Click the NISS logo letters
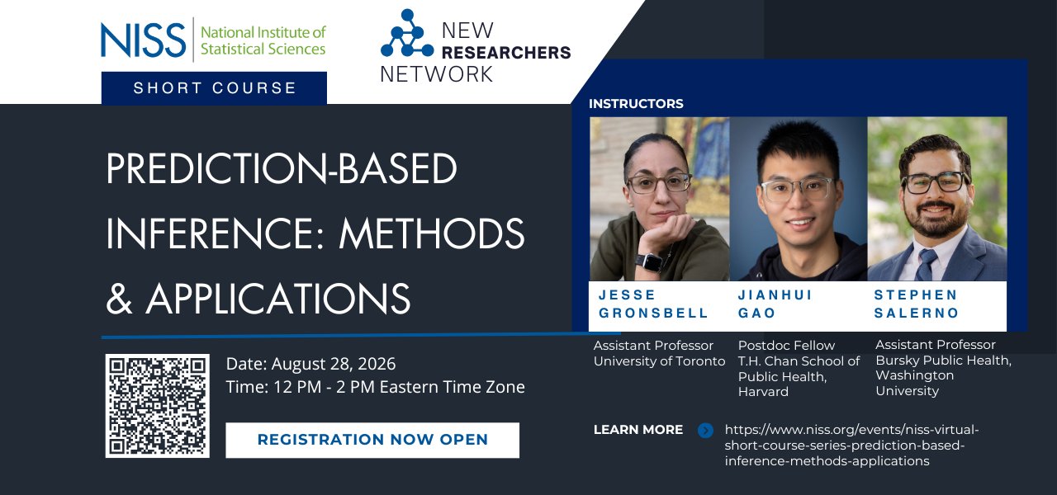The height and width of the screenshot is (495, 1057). click(144, 40)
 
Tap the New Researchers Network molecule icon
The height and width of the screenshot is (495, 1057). click(407, 33)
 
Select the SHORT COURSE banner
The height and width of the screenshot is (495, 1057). click(214, 87)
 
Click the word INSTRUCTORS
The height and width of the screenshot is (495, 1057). click(636, 104)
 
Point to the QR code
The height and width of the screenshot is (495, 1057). click(158, 406)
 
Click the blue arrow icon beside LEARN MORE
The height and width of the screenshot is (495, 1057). click(705, 430)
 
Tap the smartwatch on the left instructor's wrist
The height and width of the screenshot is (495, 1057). click(649, 262)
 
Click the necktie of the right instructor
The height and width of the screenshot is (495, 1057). click(927, 265)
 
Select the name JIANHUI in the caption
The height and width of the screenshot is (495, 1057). click(775, 295)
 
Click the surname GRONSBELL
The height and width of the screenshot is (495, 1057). click(653, 313)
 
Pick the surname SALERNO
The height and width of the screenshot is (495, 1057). click(917, 313)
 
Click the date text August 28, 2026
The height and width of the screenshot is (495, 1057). click(333, 364)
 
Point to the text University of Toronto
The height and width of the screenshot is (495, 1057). click(659, 361)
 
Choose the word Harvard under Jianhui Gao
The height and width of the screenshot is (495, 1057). click(763, 392)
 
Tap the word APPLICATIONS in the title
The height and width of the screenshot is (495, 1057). click(278, 299)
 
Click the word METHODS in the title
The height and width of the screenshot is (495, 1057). click(432, 233)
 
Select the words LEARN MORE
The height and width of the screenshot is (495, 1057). click(638, 430)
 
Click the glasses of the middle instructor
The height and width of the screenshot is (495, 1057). click(797, 189)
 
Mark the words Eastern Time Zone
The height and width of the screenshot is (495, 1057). click(452, 387)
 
